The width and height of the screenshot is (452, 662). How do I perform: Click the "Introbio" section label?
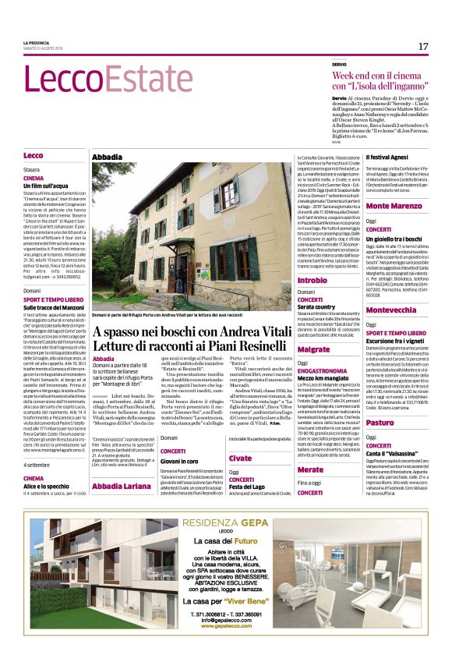pos(313,279)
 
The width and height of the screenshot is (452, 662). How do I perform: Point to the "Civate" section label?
pos(240,458)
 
